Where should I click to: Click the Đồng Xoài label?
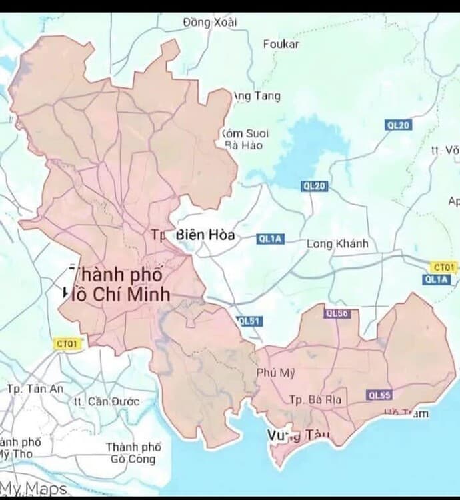tap(210, 23)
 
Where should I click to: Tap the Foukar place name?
tap(281, 45)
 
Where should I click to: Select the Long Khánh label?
tap(337, 244)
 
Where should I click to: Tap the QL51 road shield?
tap(249, 321)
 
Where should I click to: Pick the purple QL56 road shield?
tap(337, 313)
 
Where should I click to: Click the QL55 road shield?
tap(379, 395)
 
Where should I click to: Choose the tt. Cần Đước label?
tap(106, 401)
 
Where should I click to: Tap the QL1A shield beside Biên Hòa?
tap(270, 239)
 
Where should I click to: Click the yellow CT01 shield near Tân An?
tap(67, 344)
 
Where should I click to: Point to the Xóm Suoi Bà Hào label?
tap(244, 139)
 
